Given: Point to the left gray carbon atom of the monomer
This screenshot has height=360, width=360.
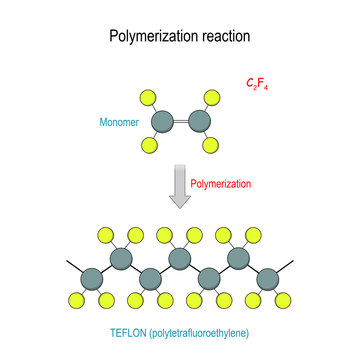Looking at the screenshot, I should point(161,121).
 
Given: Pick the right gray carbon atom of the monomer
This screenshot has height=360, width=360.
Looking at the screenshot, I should point(201,121).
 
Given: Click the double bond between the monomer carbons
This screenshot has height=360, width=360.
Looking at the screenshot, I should point(181,121).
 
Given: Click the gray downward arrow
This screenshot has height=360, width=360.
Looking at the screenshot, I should point(180,187).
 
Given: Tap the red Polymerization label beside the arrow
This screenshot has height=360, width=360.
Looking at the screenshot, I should point(223,185).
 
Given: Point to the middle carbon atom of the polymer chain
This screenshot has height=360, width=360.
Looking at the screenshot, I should point(180,262).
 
